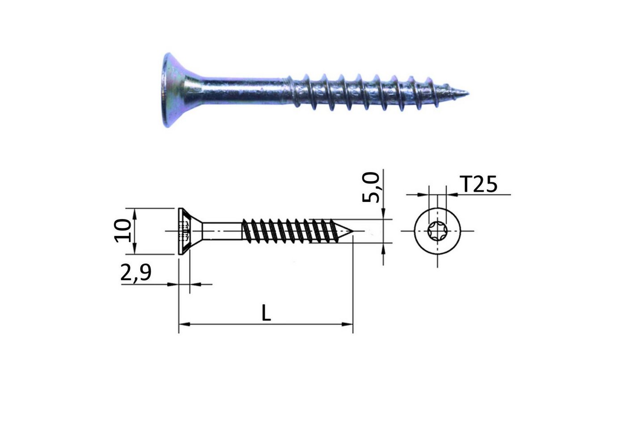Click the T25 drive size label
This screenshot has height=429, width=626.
click(x=478, y=184)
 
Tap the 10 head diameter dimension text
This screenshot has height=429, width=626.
click(x=123, y=231)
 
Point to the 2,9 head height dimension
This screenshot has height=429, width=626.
click(x=136, y=273)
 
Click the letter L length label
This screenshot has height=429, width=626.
click(x=266, y=313)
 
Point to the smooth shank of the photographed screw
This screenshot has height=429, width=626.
click(x=241, y=92)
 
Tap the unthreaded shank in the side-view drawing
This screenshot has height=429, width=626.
click(x=221, y=231)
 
